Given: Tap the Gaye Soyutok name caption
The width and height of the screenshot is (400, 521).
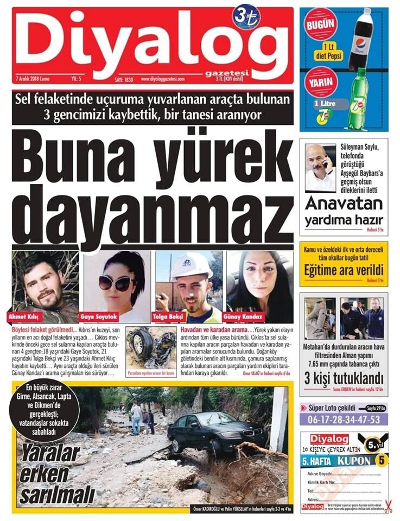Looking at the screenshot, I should [x=99, y=316].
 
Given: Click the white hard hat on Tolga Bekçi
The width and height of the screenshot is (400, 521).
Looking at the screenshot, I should [x=191, y=265].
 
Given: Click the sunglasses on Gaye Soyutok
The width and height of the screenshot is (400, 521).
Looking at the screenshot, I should [x=115, y=283].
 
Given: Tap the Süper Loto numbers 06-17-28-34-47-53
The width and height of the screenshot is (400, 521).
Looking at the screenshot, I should [x=344, y=420].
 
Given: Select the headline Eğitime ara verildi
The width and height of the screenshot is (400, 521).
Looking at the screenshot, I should [x=344, y=270].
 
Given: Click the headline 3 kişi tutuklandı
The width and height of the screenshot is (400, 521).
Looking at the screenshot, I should [x=344, y=377].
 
